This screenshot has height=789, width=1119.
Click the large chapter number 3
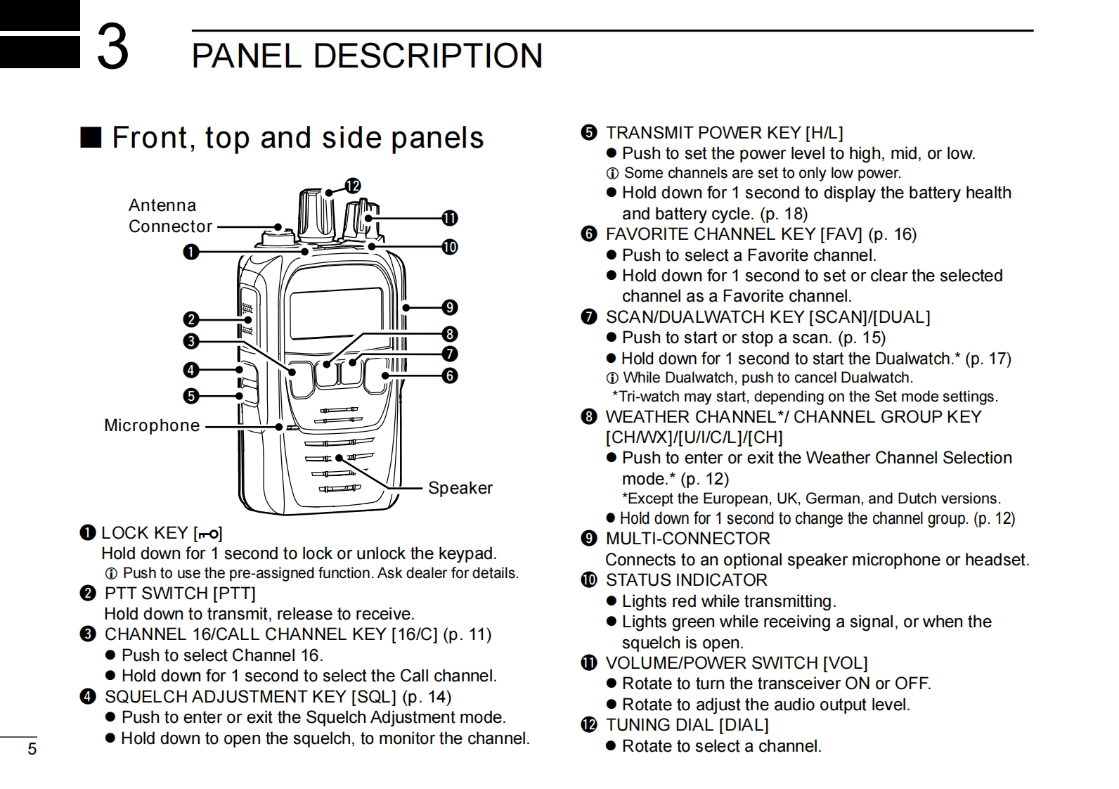tap(112, 46)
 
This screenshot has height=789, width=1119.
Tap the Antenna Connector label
tap(170, 216)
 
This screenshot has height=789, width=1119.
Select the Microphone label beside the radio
tap(152, 425)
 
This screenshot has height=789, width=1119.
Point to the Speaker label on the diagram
tap(460, 488)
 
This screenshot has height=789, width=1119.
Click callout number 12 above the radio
tap(352, 186)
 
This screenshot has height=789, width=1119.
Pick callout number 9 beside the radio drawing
tap(450, 307)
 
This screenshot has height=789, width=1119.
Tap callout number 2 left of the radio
tap(190, 320)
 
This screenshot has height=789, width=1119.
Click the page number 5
tap(32, 749)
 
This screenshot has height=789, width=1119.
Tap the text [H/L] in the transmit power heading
tap(824, 133)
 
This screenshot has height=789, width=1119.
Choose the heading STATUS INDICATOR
tap(686, 580)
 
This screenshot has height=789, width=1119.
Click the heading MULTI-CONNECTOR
tap(687, 539)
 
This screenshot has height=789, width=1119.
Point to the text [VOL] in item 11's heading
tap(846, 663)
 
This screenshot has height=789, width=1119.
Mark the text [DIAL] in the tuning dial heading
tap(744, 725)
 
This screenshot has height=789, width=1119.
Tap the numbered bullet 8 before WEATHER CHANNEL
tap(589, 417)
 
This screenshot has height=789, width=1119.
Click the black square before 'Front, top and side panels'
tap(91, 137)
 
